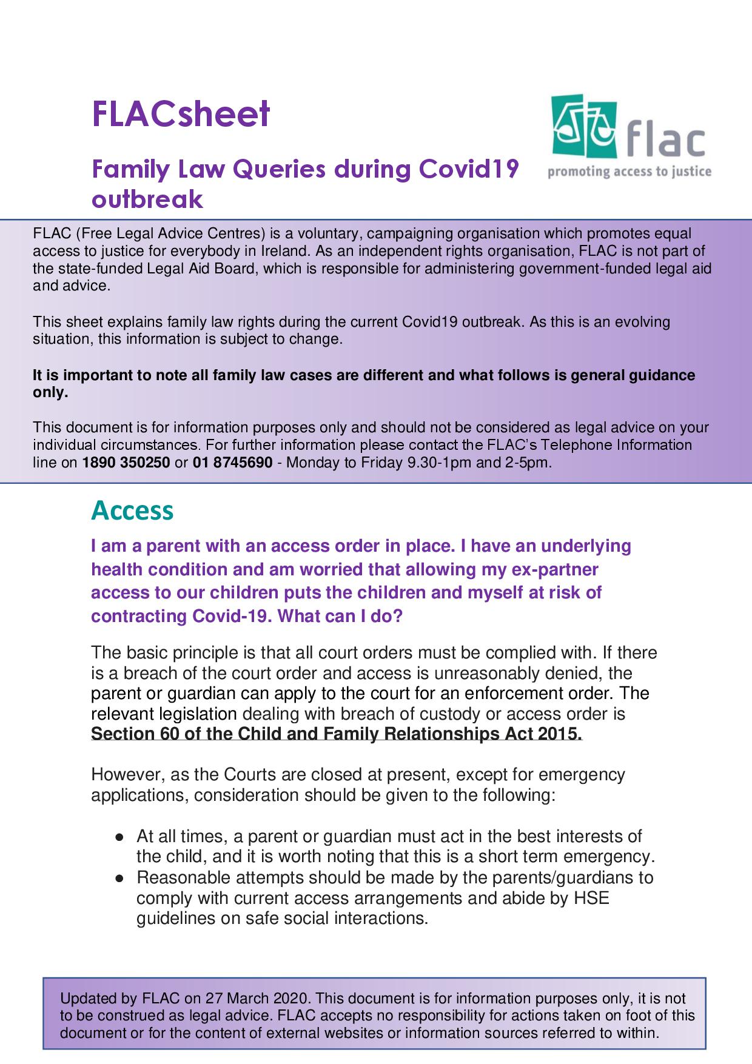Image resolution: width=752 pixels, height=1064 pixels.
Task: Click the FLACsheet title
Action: pos(180,115)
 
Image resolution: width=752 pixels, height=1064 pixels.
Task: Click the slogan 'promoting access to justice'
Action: pos(629,172)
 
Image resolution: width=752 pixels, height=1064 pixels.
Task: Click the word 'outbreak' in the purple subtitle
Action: pos(147,199)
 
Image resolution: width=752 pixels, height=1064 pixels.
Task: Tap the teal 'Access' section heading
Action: pos(132,510)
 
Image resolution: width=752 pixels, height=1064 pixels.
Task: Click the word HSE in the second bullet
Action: pos(591,897)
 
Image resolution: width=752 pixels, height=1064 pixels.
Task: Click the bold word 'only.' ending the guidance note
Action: pos(50,392)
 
